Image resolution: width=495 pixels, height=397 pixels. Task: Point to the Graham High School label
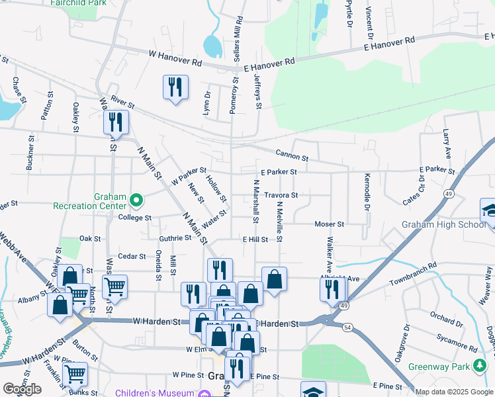pos(443,224)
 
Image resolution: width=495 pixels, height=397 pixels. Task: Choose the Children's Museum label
pos(155,393)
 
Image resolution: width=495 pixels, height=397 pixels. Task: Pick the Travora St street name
pos(281,195)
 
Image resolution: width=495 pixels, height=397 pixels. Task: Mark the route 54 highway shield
pos(347,327)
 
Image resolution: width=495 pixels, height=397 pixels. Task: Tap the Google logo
pos(22,389)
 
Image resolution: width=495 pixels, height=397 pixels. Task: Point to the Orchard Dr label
pos(446,319)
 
